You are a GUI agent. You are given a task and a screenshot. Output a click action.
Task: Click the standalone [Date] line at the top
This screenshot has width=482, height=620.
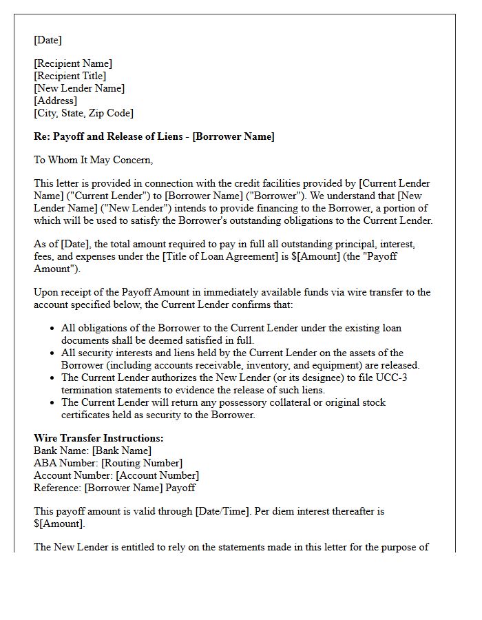(x=48, y=41)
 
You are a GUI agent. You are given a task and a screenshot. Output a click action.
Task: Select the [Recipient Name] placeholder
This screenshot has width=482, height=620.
(x=73, y=63)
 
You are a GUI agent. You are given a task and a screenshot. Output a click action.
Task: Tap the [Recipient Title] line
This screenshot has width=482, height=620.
(x=70, y=76)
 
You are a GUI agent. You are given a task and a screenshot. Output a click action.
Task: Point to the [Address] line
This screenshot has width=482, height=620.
(x=56, y=101)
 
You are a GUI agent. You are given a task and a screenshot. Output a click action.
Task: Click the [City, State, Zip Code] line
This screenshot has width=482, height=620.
(x=84, y=113)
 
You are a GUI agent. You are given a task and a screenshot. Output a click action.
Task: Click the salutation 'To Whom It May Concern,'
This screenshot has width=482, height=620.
(x=94, y=160)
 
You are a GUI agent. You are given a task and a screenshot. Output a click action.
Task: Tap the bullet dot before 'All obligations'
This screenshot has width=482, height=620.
(x=52, y=329)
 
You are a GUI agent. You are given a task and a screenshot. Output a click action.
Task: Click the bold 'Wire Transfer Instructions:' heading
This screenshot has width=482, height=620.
(x=98, y=438)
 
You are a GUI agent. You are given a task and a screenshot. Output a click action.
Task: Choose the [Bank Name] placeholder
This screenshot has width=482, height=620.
(x=122, y=451)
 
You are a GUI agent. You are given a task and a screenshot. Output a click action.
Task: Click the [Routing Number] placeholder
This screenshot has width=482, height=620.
(x=138, y=463)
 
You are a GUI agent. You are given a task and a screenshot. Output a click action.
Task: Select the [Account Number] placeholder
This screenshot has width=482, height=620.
(x=157, y=475)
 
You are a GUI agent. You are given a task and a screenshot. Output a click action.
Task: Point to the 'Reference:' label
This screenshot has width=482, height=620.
(x=58, y=488)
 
